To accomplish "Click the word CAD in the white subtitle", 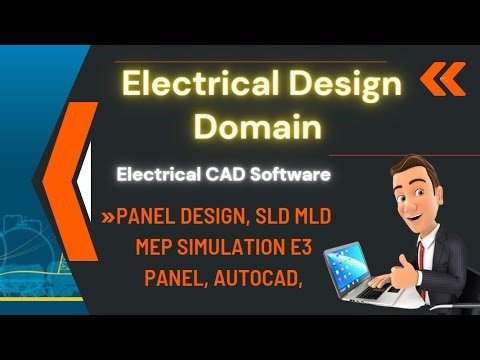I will (226, 174).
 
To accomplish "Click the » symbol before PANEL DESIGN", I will (108, 217).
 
